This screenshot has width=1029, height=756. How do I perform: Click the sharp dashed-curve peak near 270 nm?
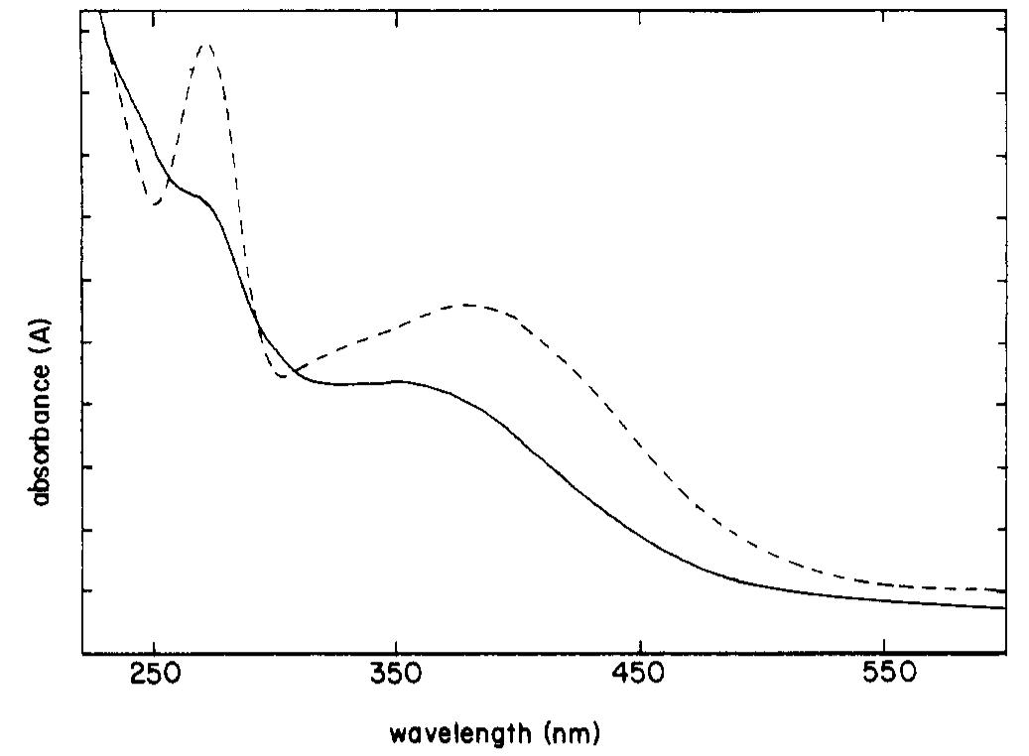click(206, 45)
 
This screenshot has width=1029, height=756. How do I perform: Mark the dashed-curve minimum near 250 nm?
click(156, 204)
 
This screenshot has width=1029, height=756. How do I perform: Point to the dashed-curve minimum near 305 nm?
click(284, 376)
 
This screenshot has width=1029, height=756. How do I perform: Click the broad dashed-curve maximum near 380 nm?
click(464, 305)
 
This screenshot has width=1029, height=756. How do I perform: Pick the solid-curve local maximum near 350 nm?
click(398, 380)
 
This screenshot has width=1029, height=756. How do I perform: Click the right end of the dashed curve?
click(1005, 591)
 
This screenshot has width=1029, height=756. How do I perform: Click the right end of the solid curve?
click(1005, 608)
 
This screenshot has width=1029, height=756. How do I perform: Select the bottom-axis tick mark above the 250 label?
click(154, 648)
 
